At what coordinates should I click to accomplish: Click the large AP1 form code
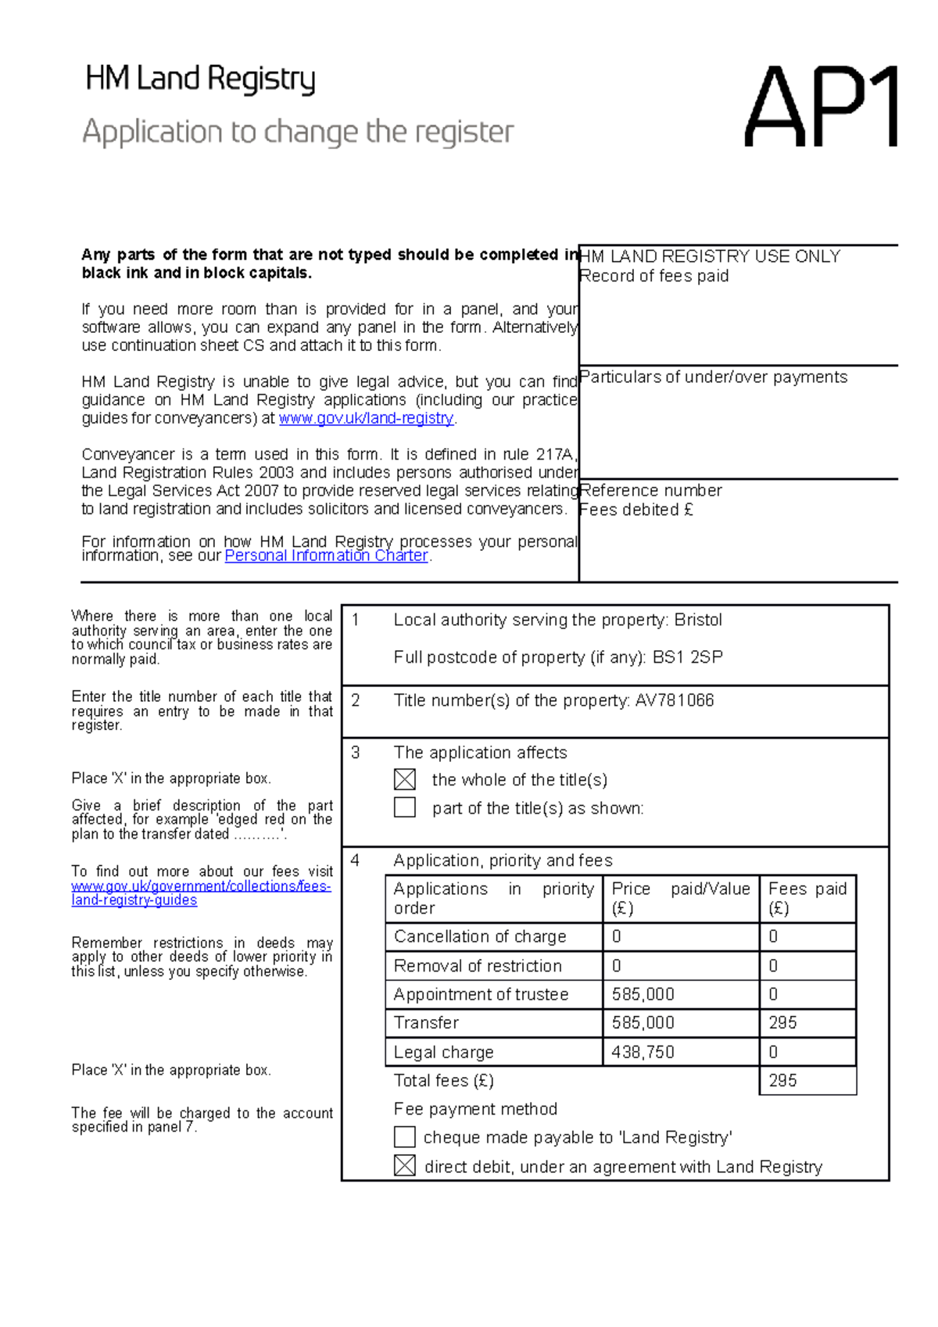click(820, 108)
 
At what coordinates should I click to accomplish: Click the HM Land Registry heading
click(200, 79)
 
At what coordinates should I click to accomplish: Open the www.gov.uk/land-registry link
click(366, 418)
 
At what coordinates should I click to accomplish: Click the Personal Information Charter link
click(326, 556)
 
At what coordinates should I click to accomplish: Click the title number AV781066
click(675, 700)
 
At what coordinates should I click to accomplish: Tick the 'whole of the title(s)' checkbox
click(405, 779)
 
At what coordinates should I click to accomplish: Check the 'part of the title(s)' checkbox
click(405, 807)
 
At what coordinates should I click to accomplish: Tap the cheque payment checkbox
click(405, 1136)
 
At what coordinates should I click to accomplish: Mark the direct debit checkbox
click(405, 1165)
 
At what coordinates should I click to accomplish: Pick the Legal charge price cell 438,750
click(643, 1052)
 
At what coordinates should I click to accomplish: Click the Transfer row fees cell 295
click(782, 1023)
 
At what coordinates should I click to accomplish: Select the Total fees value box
click(807, 1081)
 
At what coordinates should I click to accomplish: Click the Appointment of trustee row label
click(481, 994)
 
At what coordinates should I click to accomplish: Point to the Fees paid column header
click(807, 898)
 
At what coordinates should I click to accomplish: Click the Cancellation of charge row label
click(480, 936)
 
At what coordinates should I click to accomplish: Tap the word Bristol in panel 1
click(698, 620)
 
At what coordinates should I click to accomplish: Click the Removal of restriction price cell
click(680, 966)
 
